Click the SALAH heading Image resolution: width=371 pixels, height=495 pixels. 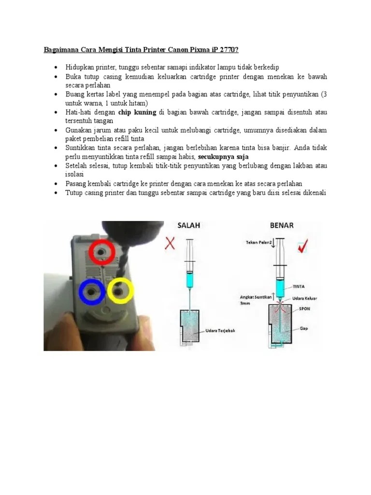pos(189,225)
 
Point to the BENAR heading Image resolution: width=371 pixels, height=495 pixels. pos(282,225)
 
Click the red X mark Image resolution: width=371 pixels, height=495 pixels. pos(170,244)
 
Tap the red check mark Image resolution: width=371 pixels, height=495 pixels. pos(303,246)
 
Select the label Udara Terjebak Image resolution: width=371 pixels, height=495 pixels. pos(220,331)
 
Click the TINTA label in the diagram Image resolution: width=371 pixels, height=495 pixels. pos(299,287)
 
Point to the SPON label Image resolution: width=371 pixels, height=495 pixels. pos(304,309)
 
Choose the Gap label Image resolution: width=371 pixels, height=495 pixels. pos(304,328)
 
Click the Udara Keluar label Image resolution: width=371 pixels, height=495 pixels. pos(304,298)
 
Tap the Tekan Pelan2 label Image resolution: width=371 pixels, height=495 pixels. pos(258,243)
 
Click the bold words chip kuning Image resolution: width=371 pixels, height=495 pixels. pos(137,112)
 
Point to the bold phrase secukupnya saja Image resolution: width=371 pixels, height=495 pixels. pos(223,157)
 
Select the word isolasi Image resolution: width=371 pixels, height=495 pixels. pos(74,174)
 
